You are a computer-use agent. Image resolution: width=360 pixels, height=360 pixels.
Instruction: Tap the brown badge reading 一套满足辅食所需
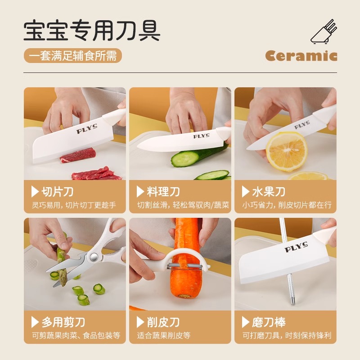tap(73, 56)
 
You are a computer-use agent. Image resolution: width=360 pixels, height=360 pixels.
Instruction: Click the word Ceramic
tap(301, 56)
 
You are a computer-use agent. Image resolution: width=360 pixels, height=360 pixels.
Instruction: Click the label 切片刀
tap(57, 192)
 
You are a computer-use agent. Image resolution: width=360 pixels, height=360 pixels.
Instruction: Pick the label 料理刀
tap(163, 192)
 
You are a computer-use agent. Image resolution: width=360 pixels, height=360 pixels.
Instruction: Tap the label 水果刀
tap(268, 192)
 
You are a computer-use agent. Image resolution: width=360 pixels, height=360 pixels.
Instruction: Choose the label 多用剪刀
tap(63, 322)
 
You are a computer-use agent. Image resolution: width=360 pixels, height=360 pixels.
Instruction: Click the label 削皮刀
tap(163, 322)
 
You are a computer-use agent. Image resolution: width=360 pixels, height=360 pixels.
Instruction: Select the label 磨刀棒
tap(268, 322)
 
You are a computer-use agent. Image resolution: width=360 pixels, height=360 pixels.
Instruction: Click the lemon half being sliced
tap(287, 151)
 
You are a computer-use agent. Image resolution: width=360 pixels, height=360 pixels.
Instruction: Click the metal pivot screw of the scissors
tap(93, 257)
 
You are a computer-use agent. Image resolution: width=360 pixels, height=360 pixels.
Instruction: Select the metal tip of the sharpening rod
tap(292, 298)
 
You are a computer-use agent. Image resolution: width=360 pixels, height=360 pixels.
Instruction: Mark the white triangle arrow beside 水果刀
tap(245, 192)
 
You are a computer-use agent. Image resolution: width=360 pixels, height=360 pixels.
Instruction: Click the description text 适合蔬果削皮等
tap(164, 335)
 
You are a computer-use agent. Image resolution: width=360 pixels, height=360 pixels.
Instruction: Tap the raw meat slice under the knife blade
tap(78, 156)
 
